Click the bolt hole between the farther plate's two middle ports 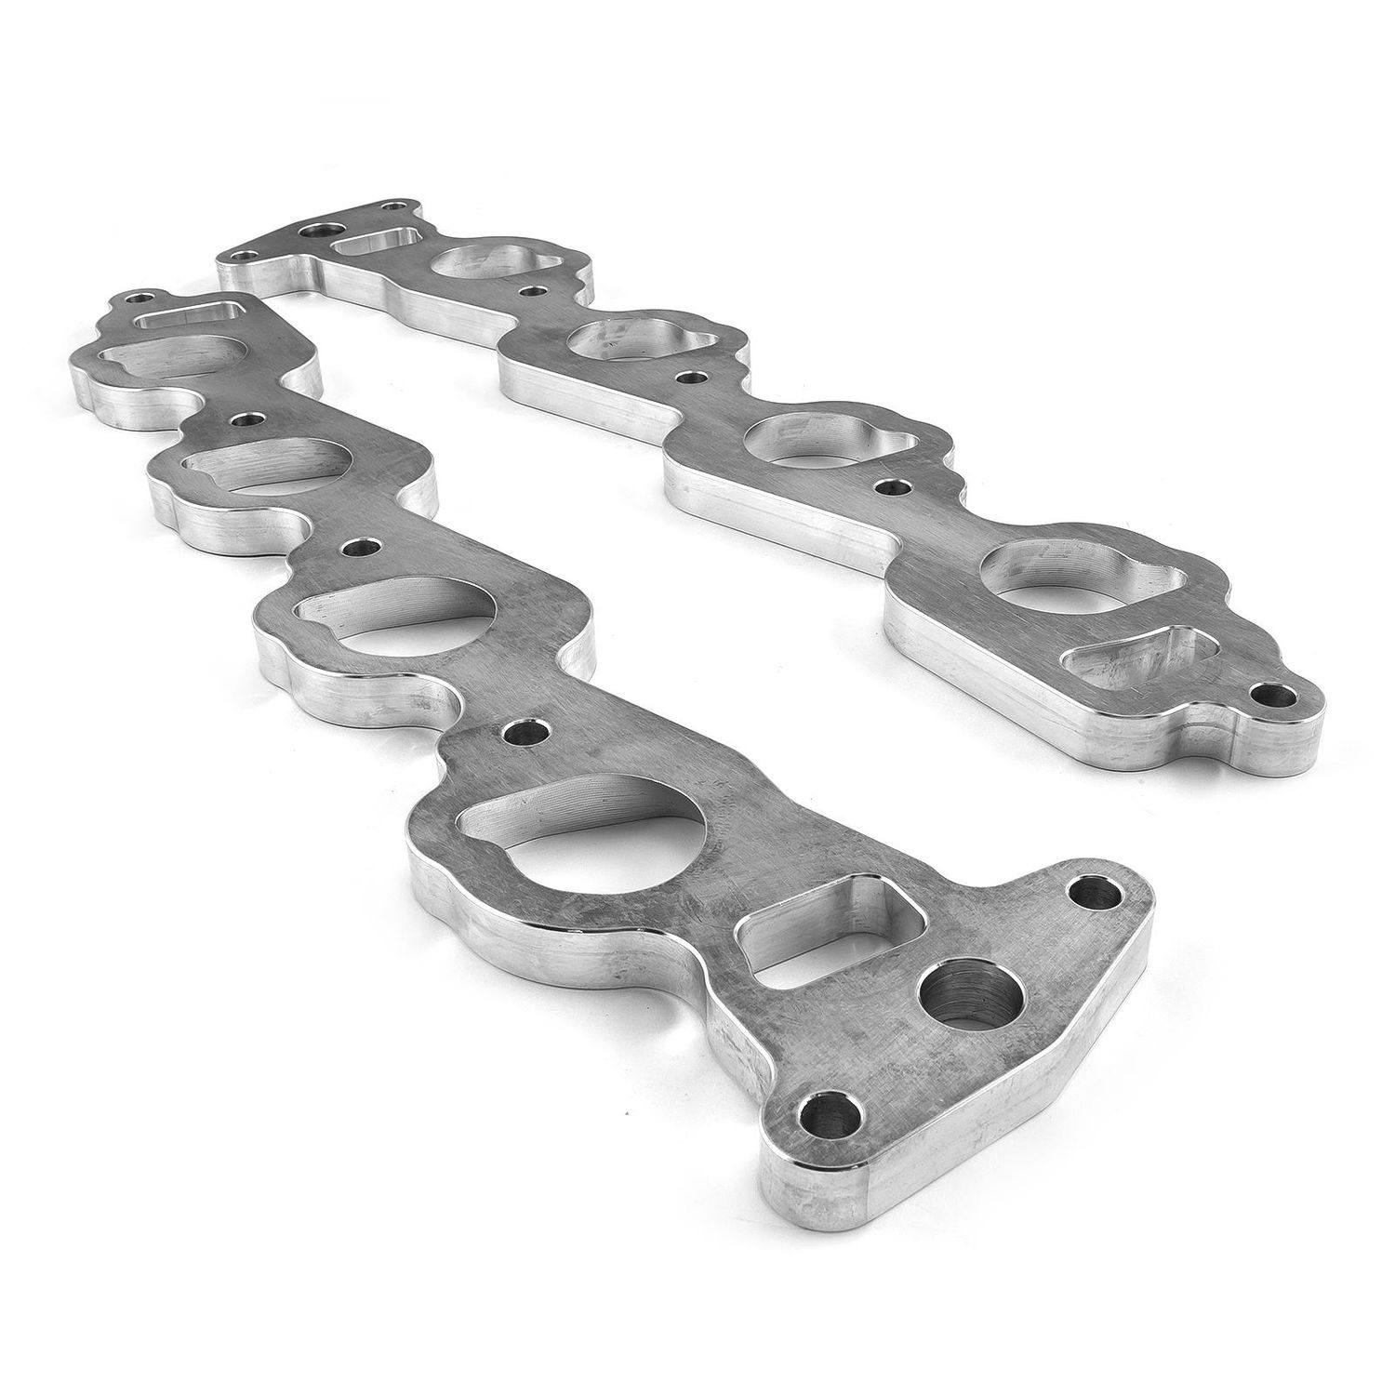coord(689,379)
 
